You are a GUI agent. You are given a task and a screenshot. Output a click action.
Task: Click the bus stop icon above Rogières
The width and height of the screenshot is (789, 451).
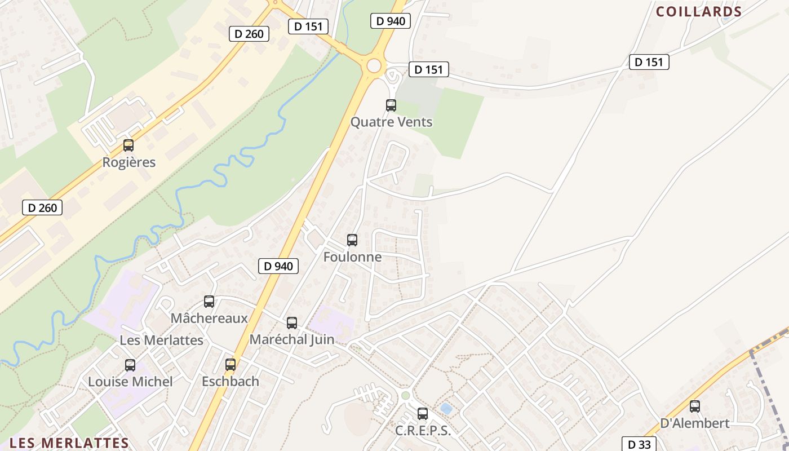(128, 145)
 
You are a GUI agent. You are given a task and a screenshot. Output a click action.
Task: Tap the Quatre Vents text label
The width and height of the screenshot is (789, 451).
(391, 122)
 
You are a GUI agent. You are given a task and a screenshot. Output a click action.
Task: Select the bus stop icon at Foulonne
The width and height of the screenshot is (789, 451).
(352, 240)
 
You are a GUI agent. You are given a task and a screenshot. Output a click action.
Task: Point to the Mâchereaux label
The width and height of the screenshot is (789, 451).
(209, 318)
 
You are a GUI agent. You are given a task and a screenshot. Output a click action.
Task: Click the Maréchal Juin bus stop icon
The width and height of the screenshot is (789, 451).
(292, 323)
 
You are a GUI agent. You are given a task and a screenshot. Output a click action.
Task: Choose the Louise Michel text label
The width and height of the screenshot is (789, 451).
(130, 382)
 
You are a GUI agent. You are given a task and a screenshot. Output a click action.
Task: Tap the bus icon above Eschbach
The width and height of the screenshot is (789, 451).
(231, 365)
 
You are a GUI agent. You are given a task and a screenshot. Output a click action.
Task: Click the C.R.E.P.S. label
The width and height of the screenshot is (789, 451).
(423, 431)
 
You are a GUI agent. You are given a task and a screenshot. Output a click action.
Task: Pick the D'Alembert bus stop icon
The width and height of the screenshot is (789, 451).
(695, 406)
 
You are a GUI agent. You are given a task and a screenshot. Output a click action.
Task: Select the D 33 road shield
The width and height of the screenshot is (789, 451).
(639, 444)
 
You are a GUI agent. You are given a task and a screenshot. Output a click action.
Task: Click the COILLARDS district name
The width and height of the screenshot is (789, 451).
(698, 12)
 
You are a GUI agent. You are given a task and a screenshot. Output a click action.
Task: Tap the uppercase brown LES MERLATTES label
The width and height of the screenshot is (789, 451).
(69, 443)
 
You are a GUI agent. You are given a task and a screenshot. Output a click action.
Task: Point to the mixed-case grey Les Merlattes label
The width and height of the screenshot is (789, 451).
(161, 341)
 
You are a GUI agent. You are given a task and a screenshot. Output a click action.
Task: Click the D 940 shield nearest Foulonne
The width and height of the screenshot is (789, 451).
(278, 266)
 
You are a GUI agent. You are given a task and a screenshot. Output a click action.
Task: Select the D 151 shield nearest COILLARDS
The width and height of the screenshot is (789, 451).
(649, 62)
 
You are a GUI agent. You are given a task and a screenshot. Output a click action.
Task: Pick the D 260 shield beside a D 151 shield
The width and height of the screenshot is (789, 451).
(249, 34)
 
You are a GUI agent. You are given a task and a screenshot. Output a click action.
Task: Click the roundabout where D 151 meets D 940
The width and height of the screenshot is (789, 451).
(374, 65)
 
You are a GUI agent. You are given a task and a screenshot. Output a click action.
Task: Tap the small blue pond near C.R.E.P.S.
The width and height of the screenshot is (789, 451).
(446, 408)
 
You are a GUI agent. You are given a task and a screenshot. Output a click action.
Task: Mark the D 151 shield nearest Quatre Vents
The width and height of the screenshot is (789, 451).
(428, 69)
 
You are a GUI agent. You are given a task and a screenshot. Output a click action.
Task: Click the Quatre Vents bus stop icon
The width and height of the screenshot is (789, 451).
(391, 105)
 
